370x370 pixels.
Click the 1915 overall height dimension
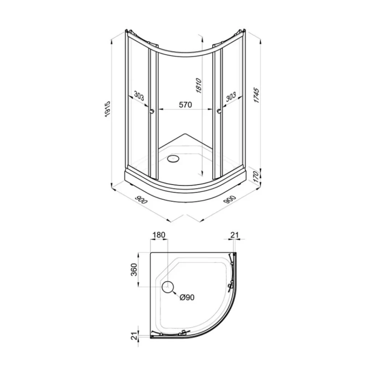click(107, 109)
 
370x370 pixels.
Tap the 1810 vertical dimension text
click(199, 86)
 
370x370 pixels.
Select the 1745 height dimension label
click(256, 95)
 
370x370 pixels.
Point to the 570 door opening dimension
click(185, 105)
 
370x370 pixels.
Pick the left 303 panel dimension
click(139, 96)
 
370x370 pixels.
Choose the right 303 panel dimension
click(230, 96)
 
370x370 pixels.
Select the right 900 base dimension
click(230, 199)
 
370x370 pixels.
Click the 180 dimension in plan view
click(159, 235)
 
